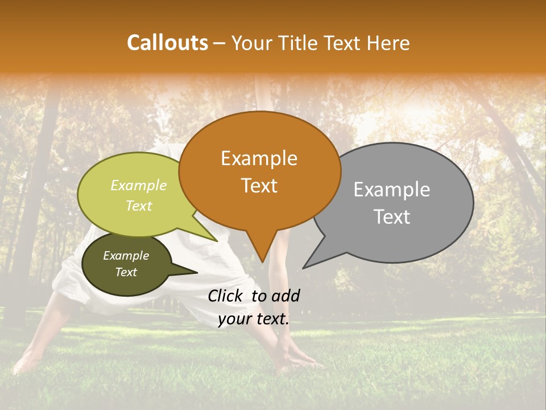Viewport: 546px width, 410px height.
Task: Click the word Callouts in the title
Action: click(167, 43)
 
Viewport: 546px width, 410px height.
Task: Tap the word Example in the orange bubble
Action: click(259, 158)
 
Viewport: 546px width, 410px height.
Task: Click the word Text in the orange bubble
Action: click(259, 185)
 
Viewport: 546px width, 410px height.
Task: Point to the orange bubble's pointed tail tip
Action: click(262, 262)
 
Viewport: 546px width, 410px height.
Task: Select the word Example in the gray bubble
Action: click(392, 190)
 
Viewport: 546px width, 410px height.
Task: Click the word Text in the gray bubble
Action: click(392, 217)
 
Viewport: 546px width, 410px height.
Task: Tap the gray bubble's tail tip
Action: click(304, 268)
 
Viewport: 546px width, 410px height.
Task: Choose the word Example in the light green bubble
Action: click(139, 185)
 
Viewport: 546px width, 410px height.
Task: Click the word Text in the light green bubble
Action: click(139, 206)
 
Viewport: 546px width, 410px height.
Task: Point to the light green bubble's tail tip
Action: click(217, 241)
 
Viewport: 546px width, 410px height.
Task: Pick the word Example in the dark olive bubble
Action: click(126, 256)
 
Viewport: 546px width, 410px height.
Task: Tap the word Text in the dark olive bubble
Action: click(126, 272)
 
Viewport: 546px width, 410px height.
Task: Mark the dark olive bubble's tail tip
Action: click(197, 273)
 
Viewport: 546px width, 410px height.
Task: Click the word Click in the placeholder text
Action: click(226, 296)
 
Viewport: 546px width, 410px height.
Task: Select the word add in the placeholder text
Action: click(286, 296)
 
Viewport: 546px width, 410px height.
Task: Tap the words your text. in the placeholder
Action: click(254, 319)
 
